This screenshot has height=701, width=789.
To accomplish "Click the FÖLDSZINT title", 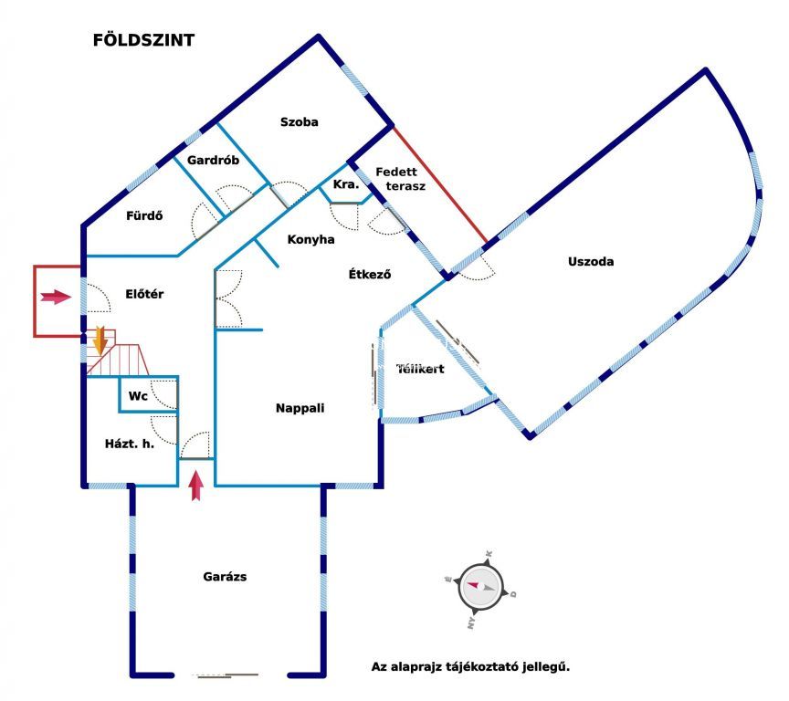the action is pos(143,40).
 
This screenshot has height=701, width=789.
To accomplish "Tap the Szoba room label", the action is pos(299,121).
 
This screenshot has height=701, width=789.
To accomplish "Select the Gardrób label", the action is pos(213,161).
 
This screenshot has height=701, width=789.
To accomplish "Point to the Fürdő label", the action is pos(144,215).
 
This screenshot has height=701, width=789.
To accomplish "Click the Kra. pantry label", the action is pos(346,184).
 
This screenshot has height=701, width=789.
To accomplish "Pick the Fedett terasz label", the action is pos(400,179).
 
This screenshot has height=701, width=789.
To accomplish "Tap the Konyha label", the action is pos(310,239).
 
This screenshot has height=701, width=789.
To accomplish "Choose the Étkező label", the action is pos(369,274).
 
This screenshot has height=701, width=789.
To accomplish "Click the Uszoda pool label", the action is pos(591,261).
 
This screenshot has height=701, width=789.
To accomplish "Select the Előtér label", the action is pos(144,294).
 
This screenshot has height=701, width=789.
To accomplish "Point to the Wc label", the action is pos(138,396).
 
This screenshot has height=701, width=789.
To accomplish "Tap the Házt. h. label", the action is pos(130,444).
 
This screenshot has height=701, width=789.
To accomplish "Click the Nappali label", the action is pos(300,408).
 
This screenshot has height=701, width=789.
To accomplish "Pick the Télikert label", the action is pos(420,369).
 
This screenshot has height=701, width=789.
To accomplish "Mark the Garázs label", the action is pos(225,577).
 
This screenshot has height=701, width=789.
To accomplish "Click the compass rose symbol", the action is pos(480,587).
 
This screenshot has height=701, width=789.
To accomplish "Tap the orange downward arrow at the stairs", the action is pos(100,340).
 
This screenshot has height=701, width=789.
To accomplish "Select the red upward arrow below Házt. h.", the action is pos(196,486).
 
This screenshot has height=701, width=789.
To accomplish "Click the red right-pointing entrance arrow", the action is pos(56,297).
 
